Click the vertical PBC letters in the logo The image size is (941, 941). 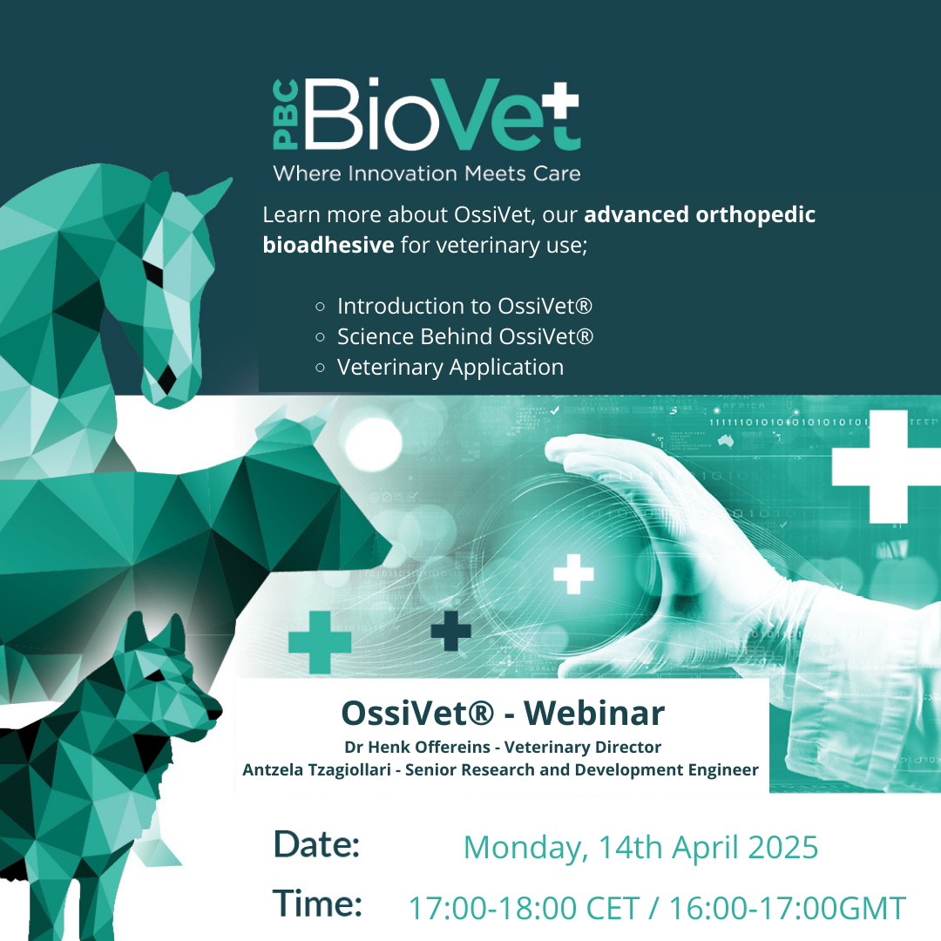[285, 115]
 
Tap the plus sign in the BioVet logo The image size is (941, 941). [557, 101]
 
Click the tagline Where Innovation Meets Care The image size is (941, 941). [427, 173]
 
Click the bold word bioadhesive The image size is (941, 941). [328, 245]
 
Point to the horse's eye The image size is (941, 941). [152, 273]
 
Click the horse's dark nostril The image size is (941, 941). [166, 378]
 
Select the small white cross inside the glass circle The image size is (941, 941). [573, 573]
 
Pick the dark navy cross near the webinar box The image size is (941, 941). [450, 631]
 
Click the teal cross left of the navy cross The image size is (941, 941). [320, 642]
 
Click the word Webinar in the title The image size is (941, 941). [594, 713]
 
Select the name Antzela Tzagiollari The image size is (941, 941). [316, 770]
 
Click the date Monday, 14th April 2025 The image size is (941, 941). [640, 848]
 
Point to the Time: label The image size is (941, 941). [317, 903]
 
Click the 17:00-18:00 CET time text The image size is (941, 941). [524, 908]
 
